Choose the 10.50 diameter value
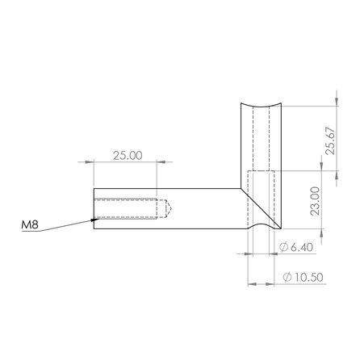(x=306, y=277)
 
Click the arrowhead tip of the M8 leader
(x=95, y=219)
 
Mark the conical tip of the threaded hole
(x=169, y=209)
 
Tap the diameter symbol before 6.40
(x=282, y=245)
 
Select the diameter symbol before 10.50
(x=287, y=277)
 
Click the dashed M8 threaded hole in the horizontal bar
(x=129, y=209)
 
